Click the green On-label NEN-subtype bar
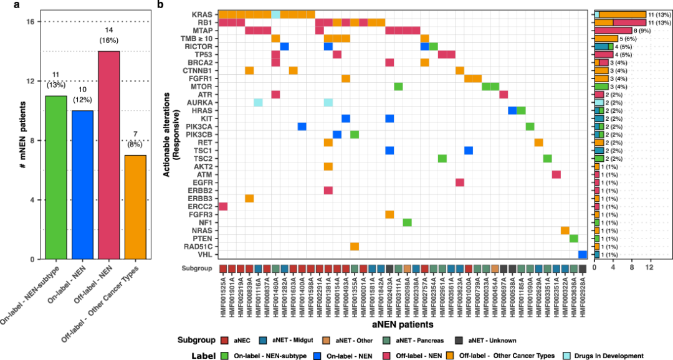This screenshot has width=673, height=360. pyautogui.click(x=56, y=177)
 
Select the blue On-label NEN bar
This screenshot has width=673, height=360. pyautogui.click(x=82, y=184)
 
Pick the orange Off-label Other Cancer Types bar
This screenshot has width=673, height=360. pyautogui.click(x=135, y=207)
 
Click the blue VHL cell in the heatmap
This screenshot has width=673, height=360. pyautogui.click(x=583, y=254)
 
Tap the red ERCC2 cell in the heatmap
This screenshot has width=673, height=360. pyautogui.click(x=223, y=206)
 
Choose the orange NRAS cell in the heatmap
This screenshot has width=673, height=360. pyautogui.click(x=565, y=230)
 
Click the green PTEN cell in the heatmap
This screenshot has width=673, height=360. pyautogui.click(x=573, y=239)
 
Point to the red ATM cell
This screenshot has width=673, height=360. pyautogui.click(x=556, y=174)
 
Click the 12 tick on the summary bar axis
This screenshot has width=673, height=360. pyautogui.click(x=649, y=267)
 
